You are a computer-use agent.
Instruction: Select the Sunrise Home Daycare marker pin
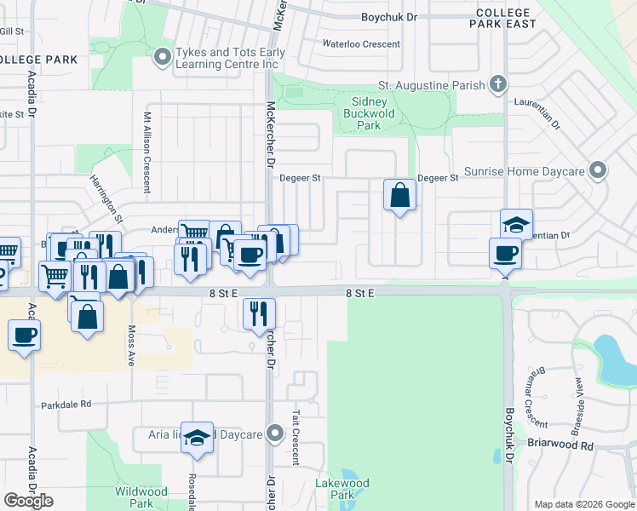pyautogui.click(x=599, y=171)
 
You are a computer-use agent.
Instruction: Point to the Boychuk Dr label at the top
pyautogui.click(x=390, y=16)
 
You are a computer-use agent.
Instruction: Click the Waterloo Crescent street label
pyautogui.click(x=361, y=43)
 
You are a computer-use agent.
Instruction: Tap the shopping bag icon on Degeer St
pyautogui.click(x=399, y=196)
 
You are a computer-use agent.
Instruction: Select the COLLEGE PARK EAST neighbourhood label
pyautogui.click(x=506, y=18)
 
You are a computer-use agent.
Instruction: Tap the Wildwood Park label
pyautogui.click(x=141, y=497)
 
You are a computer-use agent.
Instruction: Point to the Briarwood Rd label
pyautogui.click(x=560, y=445)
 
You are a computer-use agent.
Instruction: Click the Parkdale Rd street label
pyautogui.click(x=74, y=405)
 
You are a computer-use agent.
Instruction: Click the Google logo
pyautogui.click(x=29, y=500)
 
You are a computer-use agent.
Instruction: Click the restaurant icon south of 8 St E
pyautogui.click(x=260, y=313)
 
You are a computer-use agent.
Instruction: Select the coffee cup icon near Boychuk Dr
pyautogui.click(x=505, y=253)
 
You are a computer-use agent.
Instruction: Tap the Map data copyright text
pyautogui.click(x=583, y=504)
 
